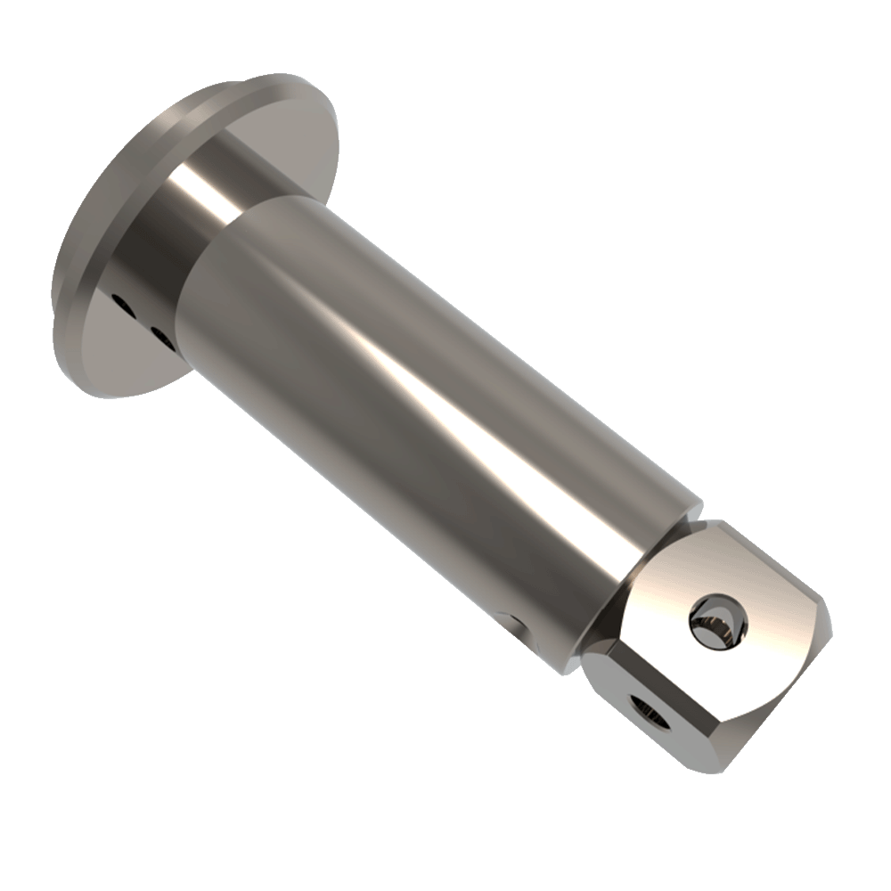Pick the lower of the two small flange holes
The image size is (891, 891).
pos(161,333)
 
